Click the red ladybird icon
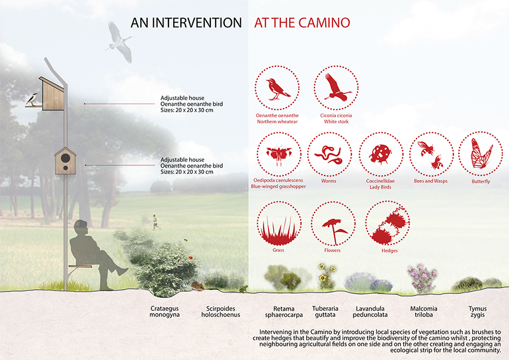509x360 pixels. [380, 154]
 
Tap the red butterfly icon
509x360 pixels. [481, 154]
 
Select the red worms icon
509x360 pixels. [328, 155]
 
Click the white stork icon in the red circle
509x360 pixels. [337, 87]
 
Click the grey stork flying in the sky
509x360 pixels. [119, 41]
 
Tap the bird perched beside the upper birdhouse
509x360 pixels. [32, 99]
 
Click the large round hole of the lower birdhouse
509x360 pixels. [65, 158]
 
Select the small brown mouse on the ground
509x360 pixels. [197, 286]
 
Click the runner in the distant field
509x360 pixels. [156, 222]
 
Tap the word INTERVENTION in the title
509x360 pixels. [197, 23]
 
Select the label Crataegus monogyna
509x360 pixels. [165, 311]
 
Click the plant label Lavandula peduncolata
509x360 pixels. [370, 311]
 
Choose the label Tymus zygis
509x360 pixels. [477, 311]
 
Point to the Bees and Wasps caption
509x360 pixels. [430, 181]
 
